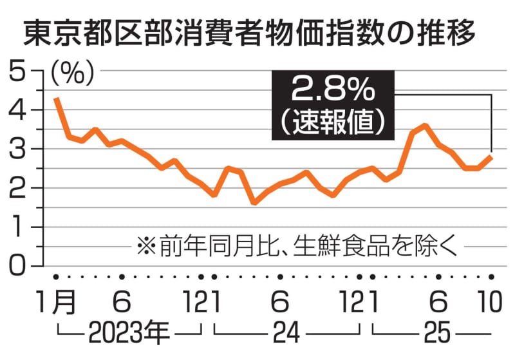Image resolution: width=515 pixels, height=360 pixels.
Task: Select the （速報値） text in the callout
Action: click(332, 122)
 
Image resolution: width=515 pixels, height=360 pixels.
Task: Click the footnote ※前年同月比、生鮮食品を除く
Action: click(296, 245)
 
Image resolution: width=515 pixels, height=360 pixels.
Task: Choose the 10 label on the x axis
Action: click(490, 301)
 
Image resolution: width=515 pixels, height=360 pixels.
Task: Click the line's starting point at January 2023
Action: click(56, 99)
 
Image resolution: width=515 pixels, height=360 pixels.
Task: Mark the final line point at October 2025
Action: click(491, 156)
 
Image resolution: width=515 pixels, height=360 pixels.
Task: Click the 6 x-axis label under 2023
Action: click(122, 301)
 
